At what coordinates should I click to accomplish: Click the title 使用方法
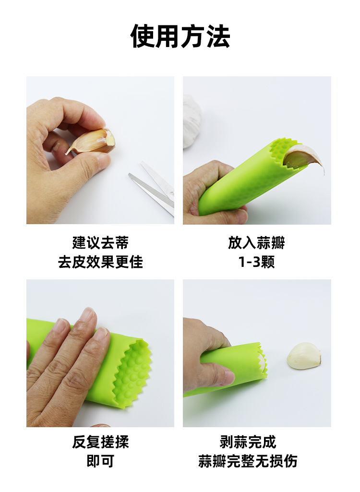pos(180,36)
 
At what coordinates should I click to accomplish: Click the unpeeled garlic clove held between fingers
pos(94,141)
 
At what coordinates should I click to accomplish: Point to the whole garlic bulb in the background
pos(192,120)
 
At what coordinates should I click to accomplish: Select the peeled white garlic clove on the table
pos(304,356)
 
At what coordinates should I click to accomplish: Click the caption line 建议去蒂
pos(100,242)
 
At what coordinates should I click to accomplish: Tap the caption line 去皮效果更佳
pos(100,262)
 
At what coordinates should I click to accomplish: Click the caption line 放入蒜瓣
pos(256,242)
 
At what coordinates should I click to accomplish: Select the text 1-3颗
pos(256,262)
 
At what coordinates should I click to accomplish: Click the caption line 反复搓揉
pos(100,442)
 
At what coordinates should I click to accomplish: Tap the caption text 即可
pos(100,461)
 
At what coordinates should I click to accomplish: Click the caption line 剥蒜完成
pos(248,442)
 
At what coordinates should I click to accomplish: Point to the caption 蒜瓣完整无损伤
pos(248,461)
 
